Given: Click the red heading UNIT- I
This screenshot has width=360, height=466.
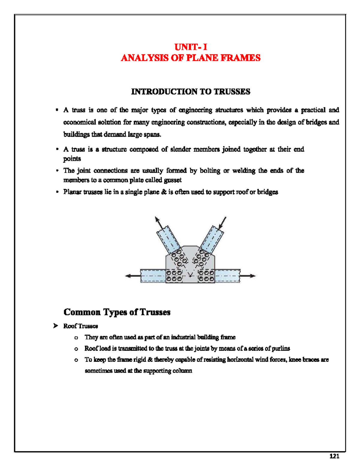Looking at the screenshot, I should point(191,47).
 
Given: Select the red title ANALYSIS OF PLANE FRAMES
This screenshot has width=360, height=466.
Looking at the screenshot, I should point(190,58).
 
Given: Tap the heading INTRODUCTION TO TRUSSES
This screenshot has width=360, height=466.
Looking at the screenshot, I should point(190,92).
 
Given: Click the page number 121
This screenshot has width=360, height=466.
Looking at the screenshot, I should point(334,456).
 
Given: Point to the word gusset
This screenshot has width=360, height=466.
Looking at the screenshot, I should point(173,180).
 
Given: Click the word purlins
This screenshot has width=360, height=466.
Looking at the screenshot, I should point(281,348).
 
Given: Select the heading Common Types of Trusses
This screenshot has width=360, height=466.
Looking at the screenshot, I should point(117,312).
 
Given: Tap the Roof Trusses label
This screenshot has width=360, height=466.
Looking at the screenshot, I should point(80,326).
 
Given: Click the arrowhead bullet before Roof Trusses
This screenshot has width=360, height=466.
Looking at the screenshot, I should point(55,326).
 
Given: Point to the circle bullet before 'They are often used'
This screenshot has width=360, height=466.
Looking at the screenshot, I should point(76,338).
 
